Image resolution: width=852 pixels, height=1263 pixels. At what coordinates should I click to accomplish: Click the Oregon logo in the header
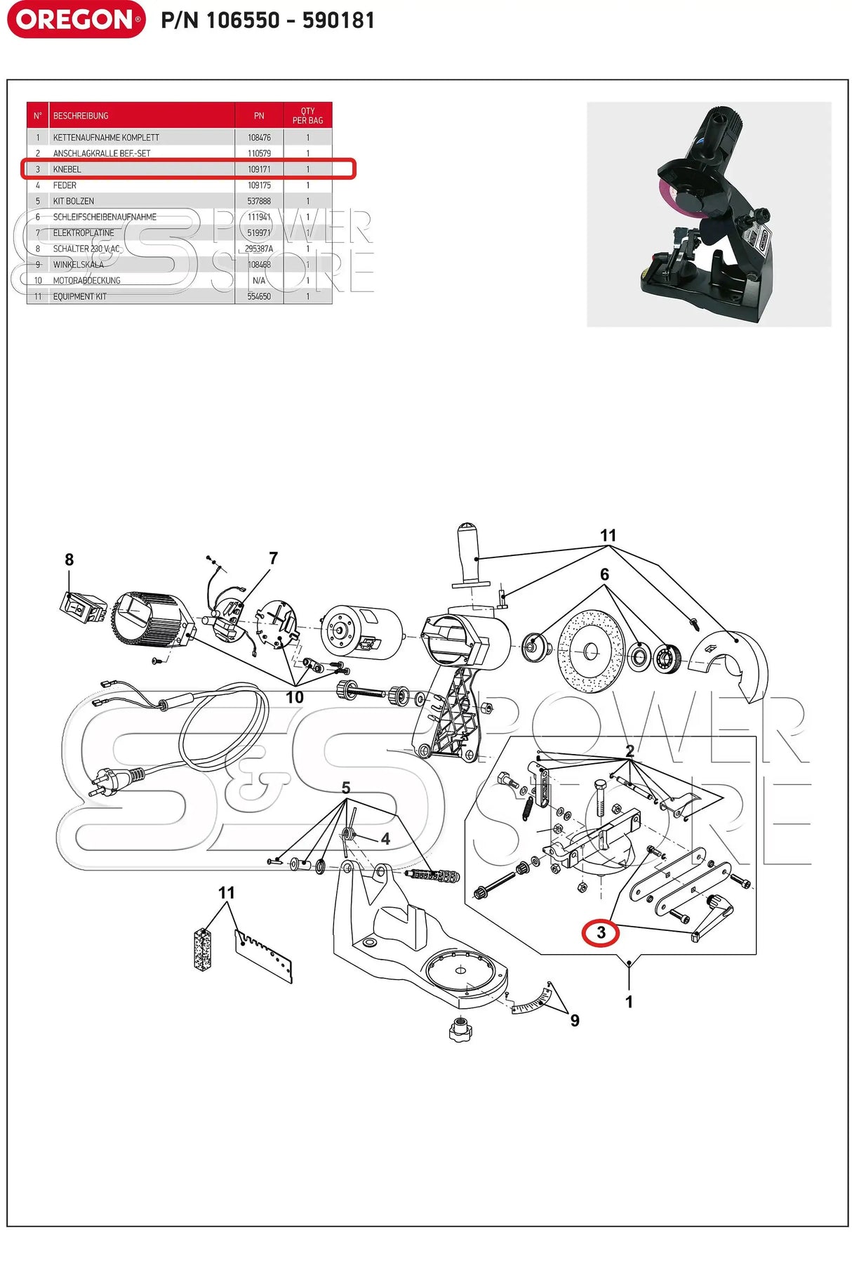click(x=76, y=20)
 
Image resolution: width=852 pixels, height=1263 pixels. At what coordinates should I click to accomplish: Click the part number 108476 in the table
click(x=259, y=138)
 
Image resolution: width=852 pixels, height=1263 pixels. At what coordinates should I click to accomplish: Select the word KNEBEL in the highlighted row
click(x=67, y=169)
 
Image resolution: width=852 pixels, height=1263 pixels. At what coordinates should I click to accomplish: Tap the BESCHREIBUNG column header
click(x=81, y=116)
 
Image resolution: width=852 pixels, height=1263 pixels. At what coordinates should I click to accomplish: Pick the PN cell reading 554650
click(x=259, y=296)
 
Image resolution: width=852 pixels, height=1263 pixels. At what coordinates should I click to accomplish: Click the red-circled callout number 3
click(x=601, y=933)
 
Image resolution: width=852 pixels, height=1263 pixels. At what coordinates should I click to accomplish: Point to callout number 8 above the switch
click(x=69, y=560)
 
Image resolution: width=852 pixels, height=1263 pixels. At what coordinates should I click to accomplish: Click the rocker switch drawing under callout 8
click(x=83, y=608)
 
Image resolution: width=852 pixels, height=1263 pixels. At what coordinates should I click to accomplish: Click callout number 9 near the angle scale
click(x=575, y=1021)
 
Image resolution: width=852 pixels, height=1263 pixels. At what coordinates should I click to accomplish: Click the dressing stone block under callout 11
click(x=202, y=949)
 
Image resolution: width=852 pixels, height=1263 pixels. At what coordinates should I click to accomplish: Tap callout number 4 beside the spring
click(x=385, y=839)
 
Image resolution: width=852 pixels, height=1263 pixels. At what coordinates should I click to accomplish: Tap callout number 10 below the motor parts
click(x=294, y=697)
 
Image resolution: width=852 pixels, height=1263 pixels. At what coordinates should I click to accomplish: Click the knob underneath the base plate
click(x=460, y=1029)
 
